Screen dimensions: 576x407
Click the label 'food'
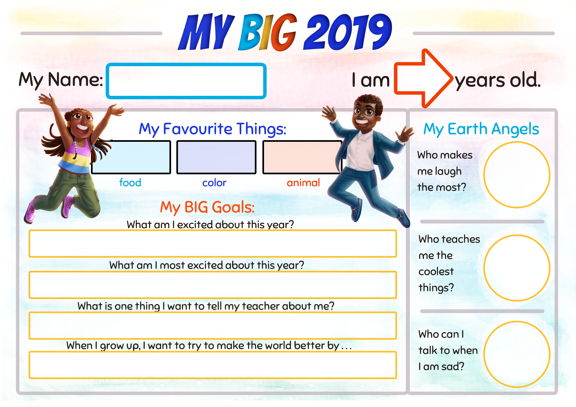130,182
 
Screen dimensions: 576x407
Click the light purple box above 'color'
216,157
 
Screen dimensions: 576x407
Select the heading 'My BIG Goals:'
208,207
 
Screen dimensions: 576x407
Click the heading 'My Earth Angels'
481,129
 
